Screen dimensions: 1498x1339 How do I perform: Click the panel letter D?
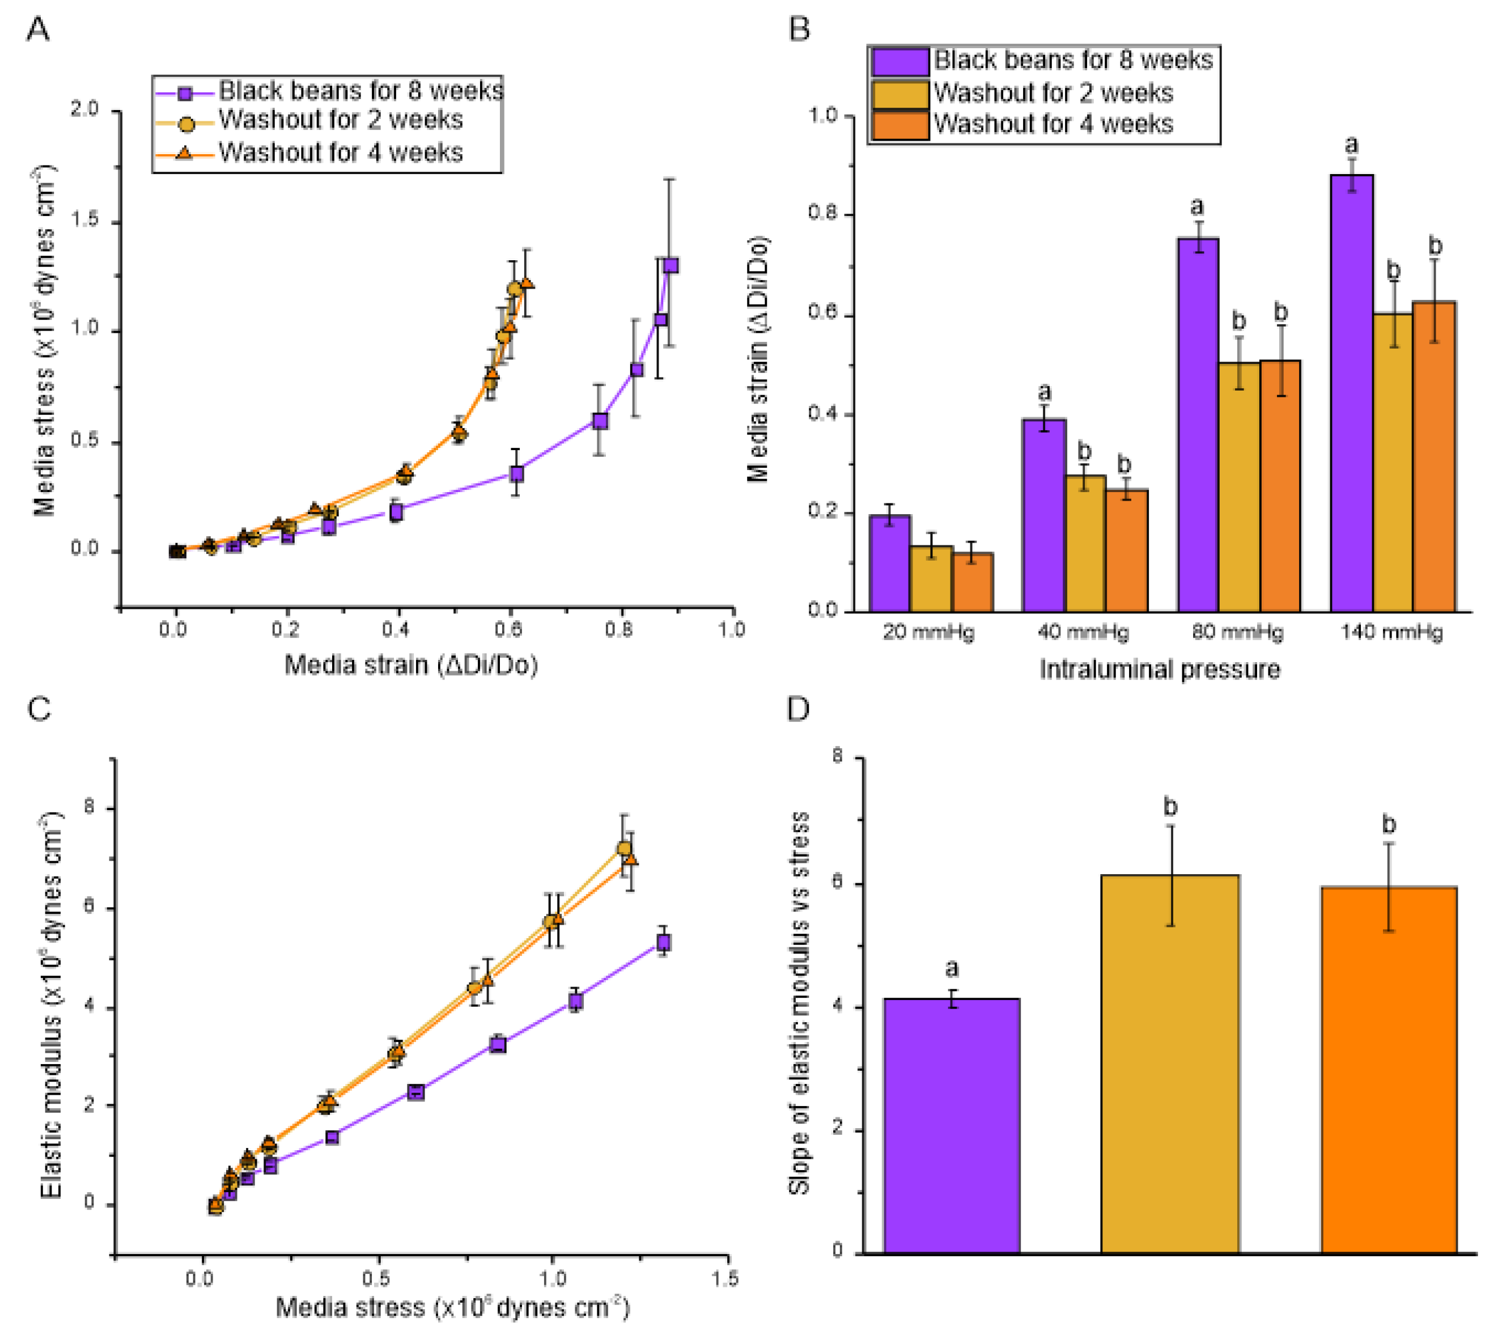[x=798, y=709]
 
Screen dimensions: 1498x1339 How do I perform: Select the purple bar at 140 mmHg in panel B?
[x=1352, y=393]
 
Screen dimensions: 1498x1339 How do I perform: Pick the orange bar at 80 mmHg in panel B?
[x=1280, y=486]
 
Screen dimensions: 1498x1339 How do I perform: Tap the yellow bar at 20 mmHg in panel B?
[x=931, y=578]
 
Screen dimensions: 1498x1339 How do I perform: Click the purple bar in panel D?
[x=952, y=1126]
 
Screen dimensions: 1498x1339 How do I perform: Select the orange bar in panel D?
[x=1389, y=1070]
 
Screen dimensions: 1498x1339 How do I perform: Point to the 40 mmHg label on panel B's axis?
[x=1083, y=633]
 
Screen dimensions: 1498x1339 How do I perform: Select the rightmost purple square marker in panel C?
[x=663, y=942]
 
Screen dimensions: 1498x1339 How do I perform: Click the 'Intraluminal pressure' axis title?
[x=1160, y=669]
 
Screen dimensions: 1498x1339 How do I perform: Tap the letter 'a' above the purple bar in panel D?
[x=952, y=969]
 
